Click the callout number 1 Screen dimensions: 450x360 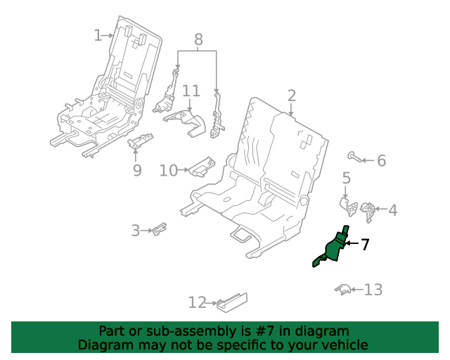coord(98,35)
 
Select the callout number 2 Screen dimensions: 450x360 coord(292,96)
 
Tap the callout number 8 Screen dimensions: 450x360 coord(198,39)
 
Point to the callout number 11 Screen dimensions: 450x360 coord(191,91)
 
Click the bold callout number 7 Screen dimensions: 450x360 coord(364,245)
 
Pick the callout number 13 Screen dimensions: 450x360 coord(373,290)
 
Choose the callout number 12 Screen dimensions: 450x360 coord(197,302)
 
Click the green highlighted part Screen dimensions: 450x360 coord(333,247)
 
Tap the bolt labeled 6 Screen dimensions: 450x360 coord(354,157)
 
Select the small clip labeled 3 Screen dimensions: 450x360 coord(160,229)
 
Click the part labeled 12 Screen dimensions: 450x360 coord(232,302)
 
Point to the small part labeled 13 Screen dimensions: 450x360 coord(343,290)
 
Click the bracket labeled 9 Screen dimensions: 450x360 coord(141,141)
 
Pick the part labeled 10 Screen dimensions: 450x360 coord(202,167)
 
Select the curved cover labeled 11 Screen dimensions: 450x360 coord(186,122)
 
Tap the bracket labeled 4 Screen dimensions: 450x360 coord(368,212)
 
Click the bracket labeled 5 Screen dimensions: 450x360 coord(349,206)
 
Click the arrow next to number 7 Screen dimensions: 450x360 coord(352,243)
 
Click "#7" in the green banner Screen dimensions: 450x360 coord(265,331)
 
